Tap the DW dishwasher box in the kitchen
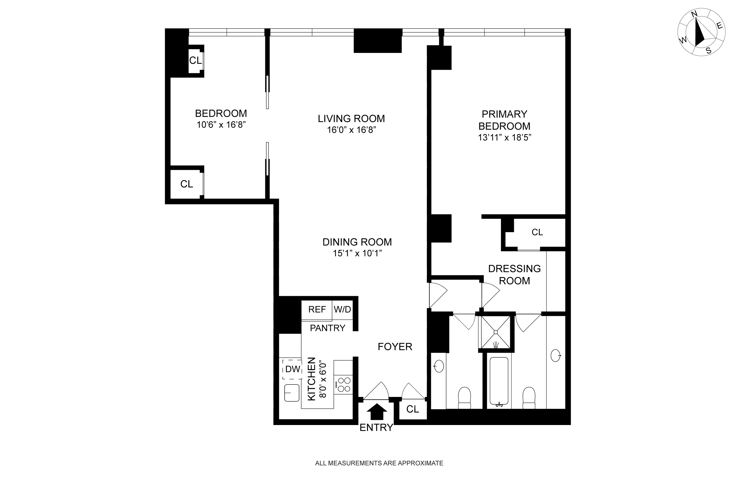[292, 369]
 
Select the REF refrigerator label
[317, 309]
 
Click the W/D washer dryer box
[342, 309]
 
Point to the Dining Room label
[357, 242]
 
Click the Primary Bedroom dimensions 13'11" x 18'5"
[504, 137]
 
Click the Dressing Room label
[514, 274]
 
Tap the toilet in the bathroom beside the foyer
[464, 397]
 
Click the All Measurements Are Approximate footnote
[379, 463]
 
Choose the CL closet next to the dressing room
[537, 232]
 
